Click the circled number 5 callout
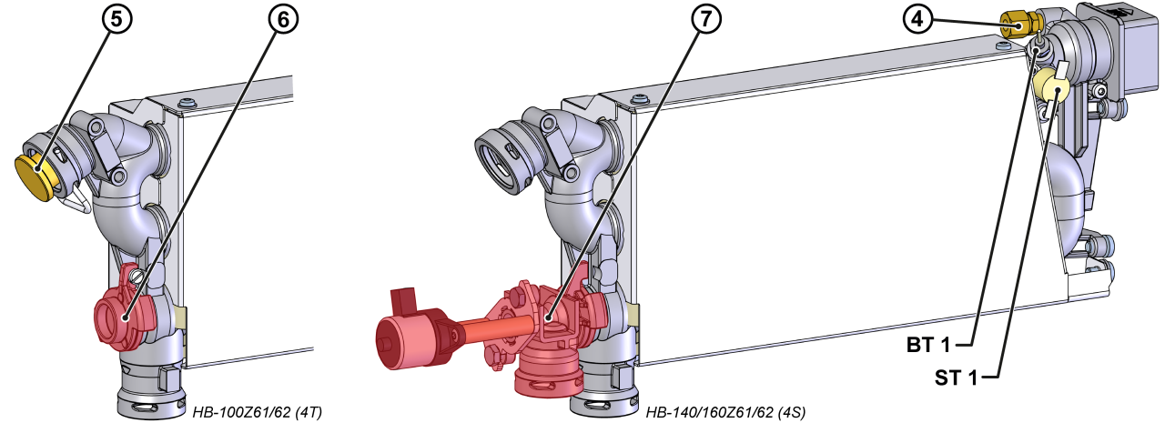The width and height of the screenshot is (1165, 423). click(x=117, y=19)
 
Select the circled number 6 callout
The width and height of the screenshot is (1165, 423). click(x=283, y=20)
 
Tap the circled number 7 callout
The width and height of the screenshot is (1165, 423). click(x=706, y=19)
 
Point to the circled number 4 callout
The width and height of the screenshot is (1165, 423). click(x=917, y=19)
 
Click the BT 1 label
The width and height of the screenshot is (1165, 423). click(x=928, y=345)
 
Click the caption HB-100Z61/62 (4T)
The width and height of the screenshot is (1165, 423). click(x=258, y=413)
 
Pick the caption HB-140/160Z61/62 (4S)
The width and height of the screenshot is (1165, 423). click(x=726, y=413)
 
